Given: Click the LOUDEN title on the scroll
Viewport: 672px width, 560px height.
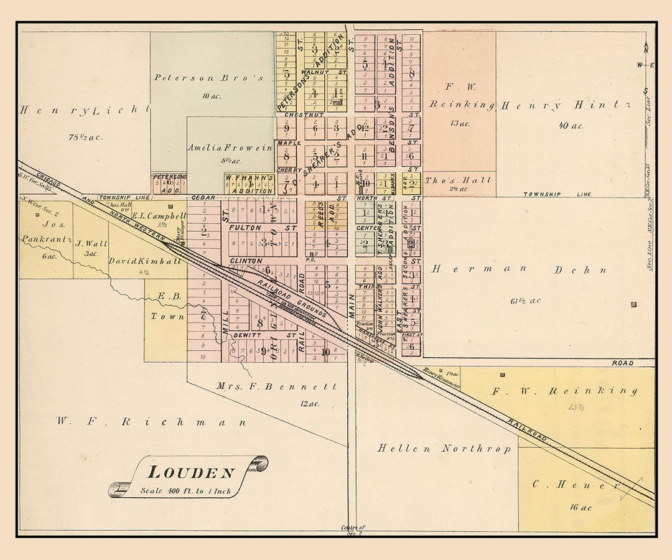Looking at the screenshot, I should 191,474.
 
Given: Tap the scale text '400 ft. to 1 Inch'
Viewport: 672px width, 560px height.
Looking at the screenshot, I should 185,491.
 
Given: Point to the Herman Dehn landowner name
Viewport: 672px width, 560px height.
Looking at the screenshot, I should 519,269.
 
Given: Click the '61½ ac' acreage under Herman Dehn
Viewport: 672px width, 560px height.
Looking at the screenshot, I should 526,301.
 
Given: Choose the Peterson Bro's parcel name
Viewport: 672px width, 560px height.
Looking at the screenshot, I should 209,78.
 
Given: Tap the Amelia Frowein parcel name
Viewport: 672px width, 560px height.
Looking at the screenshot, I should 230,148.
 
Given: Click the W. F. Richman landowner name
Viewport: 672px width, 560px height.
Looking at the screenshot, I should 151,422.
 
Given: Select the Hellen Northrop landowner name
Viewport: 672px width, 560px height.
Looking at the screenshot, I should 444,448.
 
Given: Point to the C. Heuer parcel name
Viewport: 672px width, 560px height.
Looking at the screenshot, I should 576,483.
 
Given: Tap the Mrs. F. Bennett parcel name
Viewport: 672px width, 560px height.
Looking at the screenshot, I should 276,386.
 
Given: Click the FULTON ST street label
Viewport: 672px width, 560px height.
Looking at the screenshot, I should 262,228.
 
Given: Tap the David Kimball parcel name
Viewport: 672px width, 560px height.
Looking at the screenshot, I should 136,261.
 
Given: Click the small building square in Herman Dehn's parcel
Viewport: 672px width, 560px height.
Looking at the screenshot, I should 633,304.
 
